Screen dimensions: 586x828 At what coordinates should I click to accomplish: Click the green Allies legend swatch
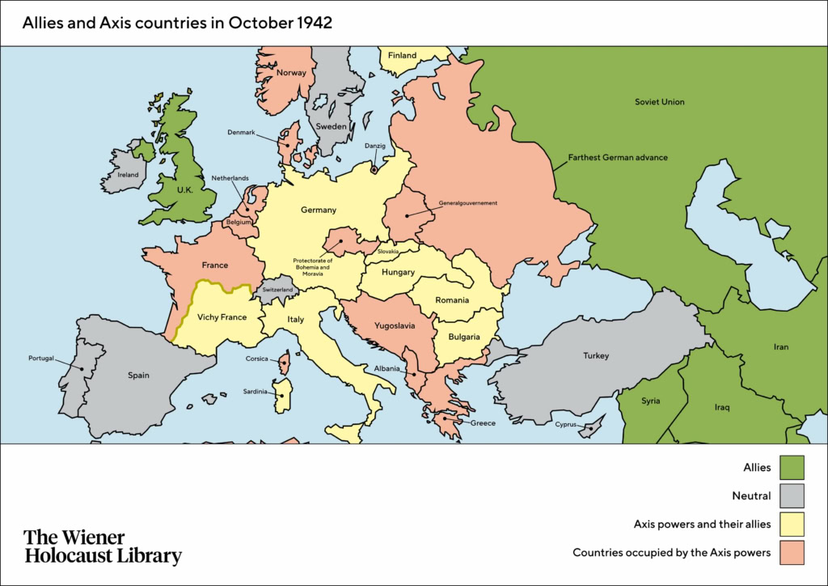(x=793, y=467)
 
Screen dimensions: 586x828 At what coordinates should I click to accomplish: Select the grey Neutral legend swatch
(x=793, y=495)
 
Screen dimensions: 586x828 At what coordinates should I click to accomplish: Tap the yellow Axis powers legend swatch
(x=793, y=524)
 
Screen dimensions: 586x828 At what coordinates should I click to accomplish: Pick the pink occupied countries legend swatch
(x=793, y=553)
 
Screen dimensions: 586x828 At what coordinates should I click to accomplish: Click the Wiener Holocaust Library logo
(x=103, y=547)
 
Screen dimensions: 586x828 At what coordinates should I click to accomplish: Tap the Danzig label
(x=375, y=146)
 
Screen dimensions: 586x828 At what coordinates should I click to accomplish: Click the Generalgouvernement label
(x=467, y=202)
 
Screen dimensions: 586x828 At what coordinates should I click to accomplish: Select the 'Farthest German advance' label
(x=618, y=157)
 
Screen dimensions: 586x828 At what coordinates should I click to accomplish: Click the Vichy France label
(x=222, y=317)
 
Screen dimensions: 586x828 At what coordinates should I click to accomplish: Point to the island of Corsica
(x=285, y=363)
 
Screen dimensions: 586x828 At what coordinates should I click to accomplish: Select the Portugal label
(x=41, y=358)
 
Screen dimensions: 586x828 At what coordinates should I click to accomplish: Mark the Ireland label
(x=128, y=174)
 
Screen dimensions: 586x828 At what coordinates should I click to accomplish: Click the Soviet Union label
(x=659, y=102)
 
